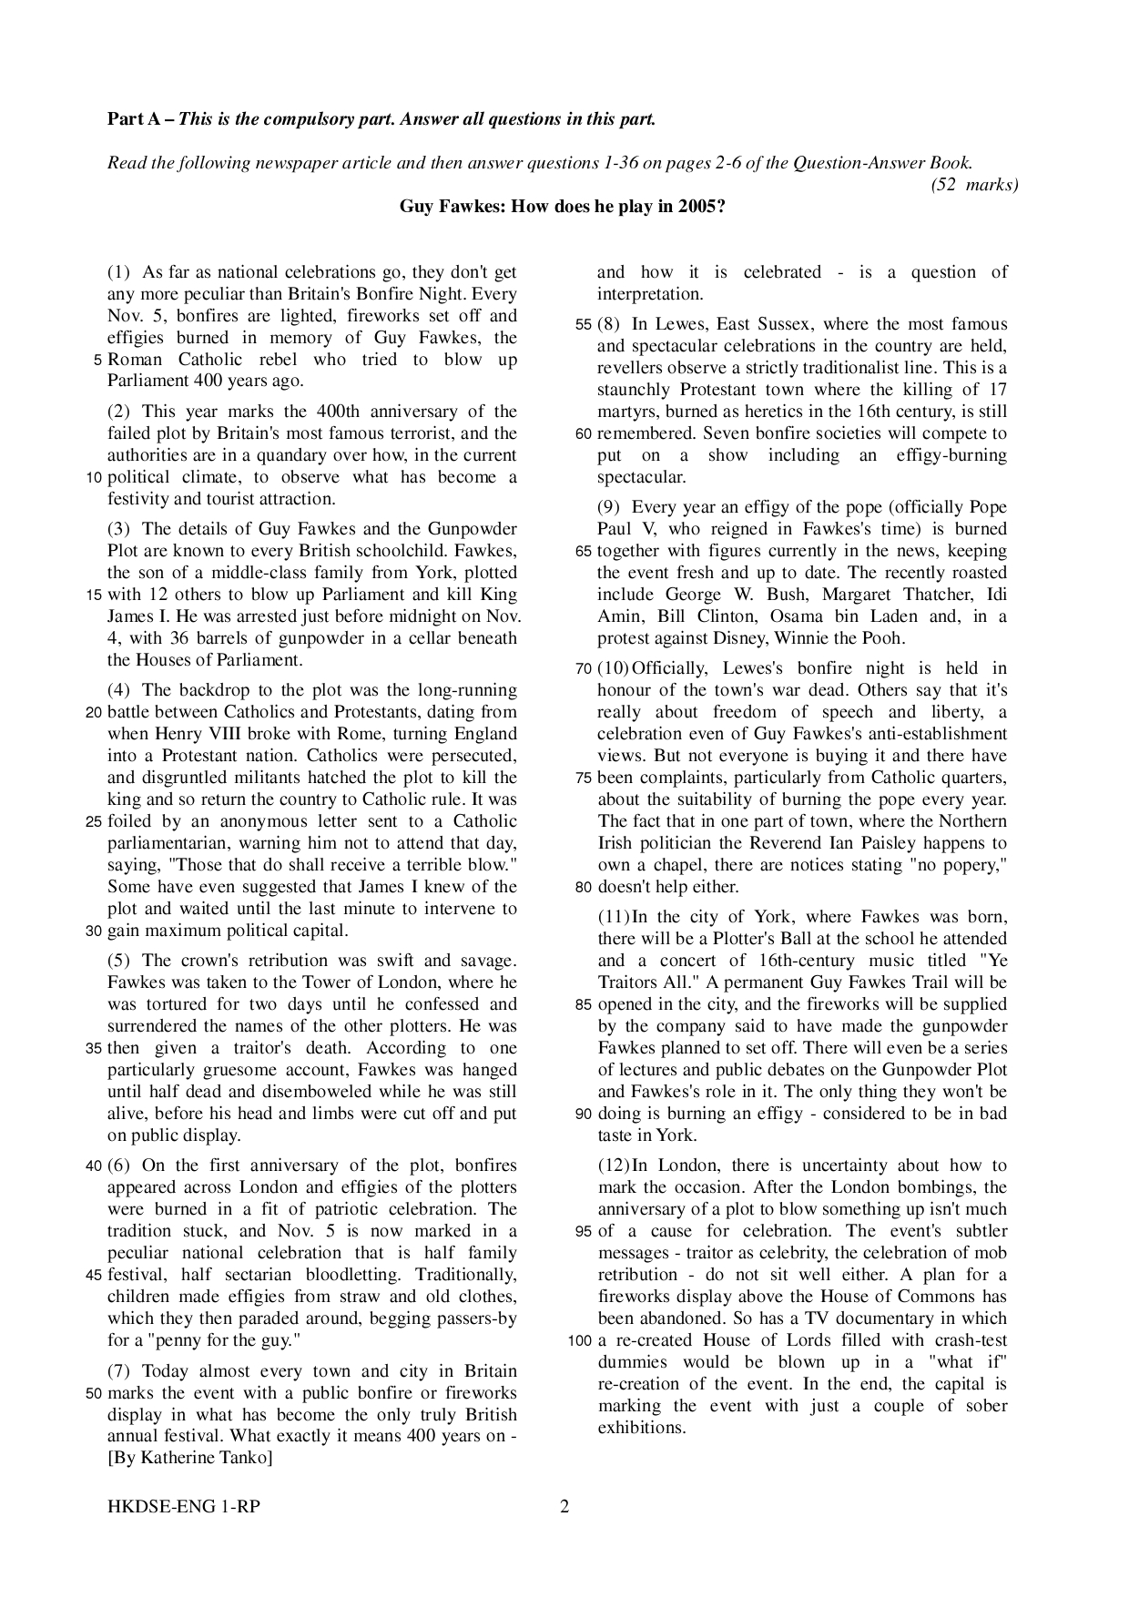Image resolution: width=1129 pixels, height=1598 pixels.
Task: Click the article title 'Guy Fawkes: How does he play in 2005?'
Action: tap(563, 206)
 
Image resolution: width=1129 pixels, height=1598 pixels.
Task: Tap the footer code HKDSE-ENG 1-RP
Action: tap(183, 1507)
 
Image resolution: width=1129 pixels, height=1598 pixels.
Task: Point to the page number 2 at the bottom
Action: tap(564, 1507)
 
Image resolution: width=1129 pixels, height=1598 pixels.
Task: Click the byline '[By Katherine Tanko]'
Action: tap(189, 1458)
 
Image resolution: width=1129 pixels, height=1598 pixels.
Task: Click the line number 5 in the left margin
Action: tap(97, 361)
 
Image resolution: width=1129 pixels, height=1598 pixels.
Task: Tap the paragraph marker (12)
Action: tap(614, 1165)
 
